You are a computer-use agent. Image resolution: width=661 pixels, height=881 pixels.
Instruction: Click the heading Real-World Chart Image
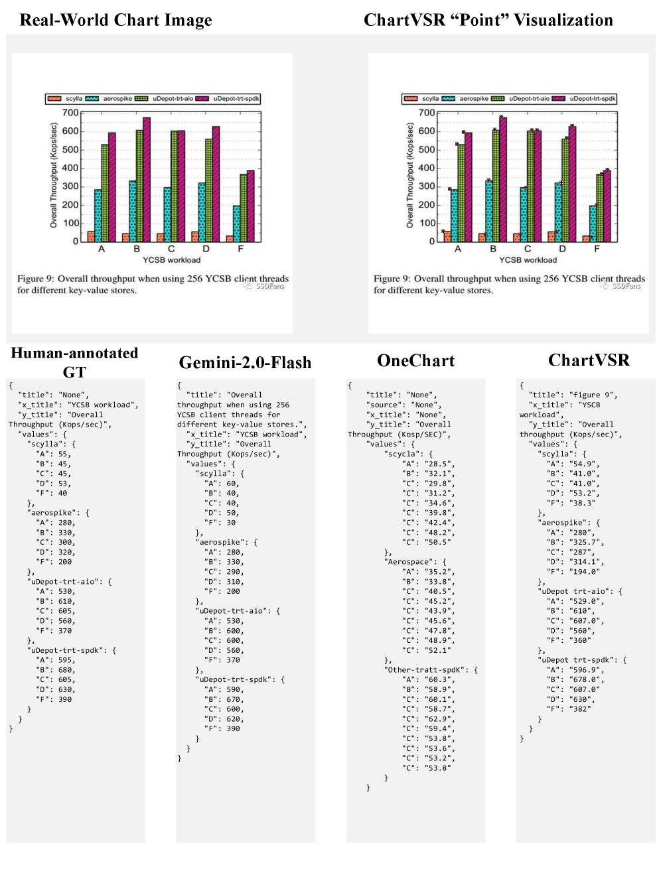(x=116, y=21)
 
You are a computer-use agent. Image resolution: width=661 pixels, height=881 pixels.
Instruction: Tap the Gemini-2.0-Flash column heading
(x=245, y=363)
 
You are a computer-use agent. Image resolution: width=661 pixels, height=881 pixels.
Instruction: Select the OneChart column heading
(x=415, y=361)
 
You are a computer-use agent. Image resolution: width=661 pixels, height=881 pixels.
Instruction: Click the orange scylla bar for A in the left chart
(x=91, y=236)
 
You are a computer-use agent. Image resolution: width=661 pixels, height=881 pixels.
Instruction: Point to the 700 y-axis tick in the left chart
(x=70, y=113)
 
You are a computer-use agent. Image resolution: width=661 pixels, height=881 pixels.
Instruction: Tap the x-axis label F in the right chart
(x=597, y=249)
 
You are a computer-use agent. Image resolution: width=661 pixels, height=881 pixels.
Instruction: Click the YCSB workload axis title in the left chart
(x=171, y=260)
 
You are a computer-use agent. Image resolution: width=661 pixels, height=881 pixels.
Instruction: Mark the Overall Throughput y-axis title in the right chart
(x=410, y=175)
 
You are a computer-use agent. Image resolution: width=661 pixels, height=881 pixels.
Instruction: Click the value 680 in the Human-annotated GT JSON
(x=66, y=670)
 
